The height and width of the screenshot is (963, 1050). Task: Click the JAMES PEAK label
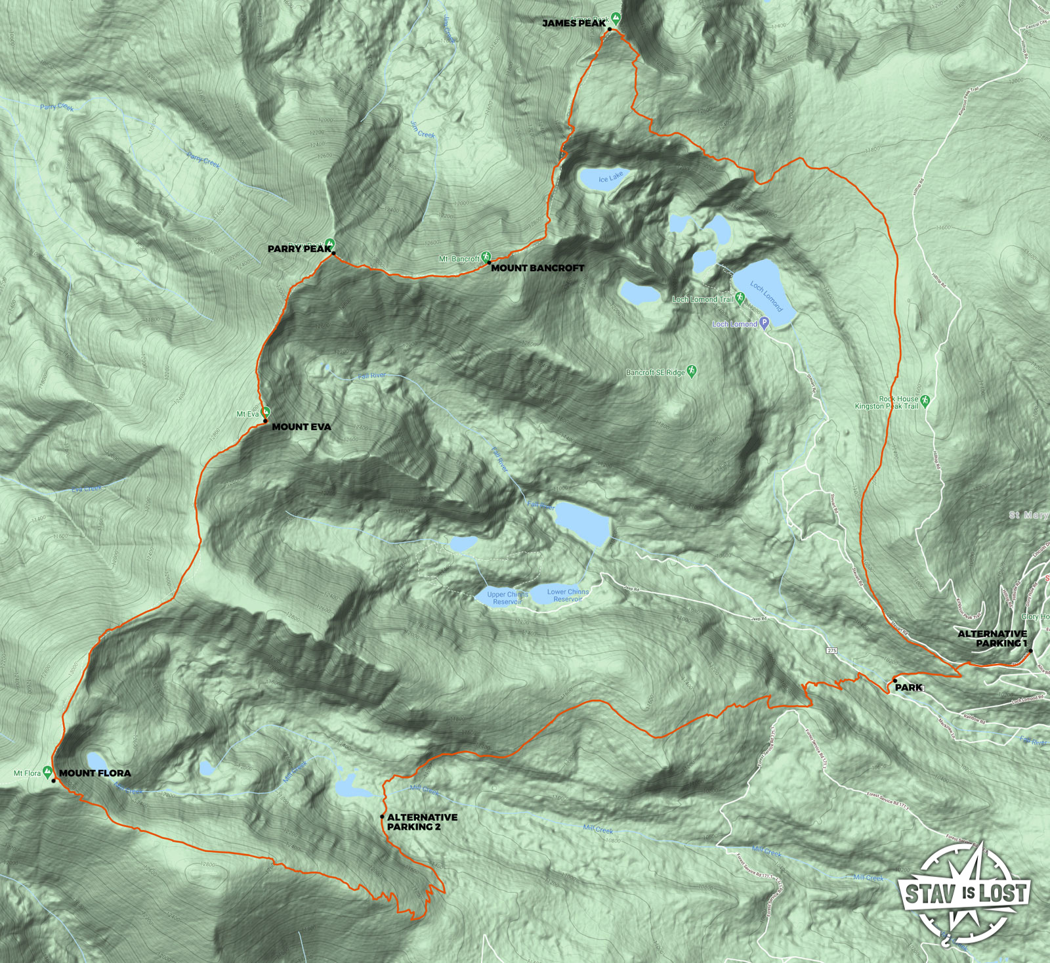[574, 24]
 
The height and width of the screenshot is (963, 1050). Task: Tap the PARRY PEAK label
[299, 249]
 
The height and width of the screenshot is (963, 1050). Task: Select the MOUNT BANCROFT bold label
[537, 268]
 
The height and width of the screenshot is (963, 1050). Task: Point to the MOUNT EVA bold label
[301, 427]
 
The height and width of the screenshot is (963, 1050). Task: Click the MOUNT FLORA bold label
[95, 773]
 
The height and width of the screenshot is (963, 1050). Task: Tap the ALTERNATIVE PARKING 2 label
[422, 822]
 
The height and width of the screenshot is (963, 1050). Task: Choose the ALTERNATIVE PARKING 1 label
[992, 638]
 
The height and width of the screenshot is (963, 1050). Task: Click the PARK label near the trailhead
[909, 687]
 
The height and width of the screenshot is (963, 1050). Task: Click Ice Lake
[602, 178]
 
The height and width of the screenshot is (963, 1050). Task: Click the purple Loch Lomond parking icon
[764, 324]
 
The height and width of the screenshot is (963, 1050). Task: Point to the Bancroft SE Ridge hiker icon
[691, 372]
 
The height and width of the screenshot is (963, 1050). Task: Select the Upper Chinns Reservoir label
[507, 598]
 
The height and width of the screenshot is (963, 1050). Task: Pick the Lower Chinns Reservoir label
[568, 595]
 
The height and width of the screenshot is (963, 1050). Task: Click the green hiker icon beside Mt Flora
[47, 772]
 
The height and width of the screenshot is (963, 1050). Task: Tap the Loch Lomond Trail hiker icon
[740, 299]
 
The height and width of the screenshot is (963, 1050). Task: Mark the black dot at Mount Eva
[266, 420]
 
